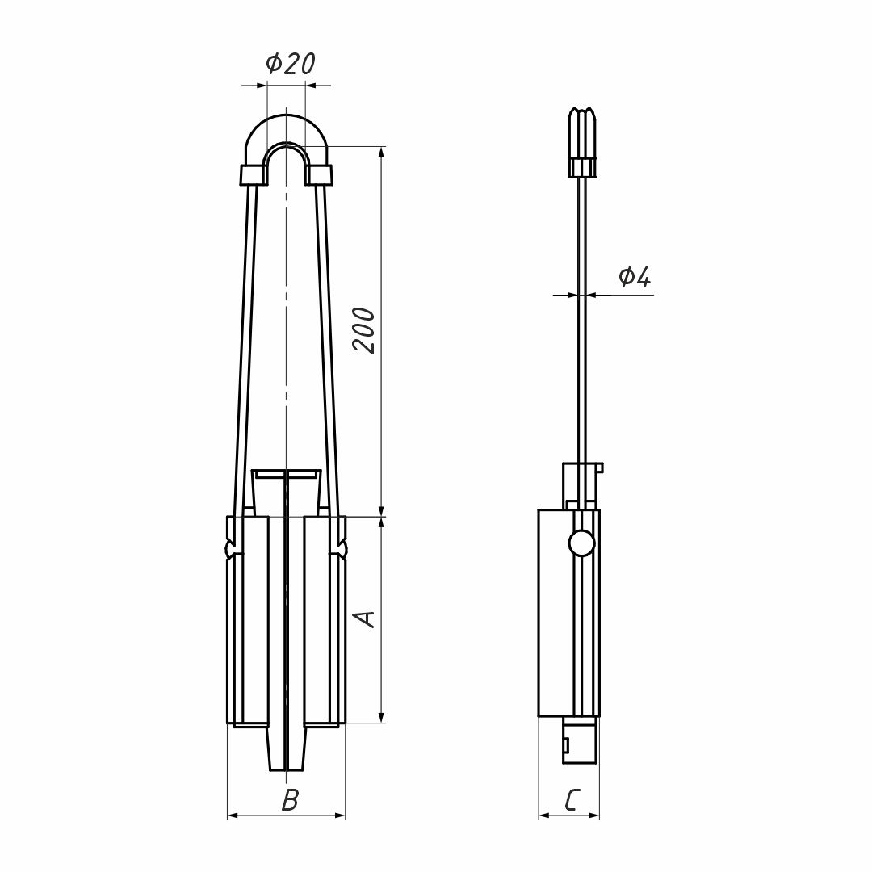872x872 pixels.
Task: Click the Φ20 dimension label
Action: tap(291, 64)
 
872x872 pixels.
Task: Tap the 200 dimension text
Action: tap(365, 330)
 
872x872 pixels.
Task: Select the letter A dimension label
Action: tap(365, 618)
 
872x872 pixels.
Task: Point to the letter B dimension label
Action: tap(291, 800)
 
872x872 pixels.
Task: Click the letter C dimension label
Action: tap(572, 800)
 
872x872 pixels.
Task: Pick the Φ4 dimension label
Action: tap(634, 276)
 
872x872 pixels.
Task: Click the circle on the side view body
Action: tap(581, 543)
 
